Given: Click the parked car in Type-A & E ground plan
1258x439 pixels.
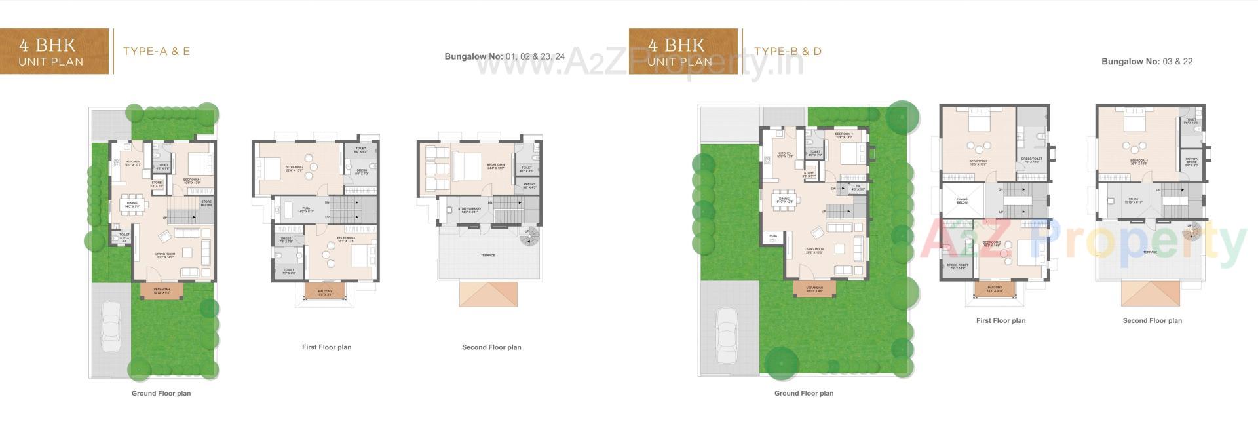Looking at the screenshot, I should pos(111,328).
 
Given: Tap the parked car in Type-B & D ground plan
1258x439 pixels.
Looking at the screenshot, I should pos(727,334).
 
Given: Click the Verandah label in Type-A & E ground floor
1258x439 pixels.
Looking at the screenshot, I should pos(161,290).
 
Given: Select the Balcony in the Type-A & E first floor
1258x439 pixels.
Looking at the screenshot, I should pos(325,293).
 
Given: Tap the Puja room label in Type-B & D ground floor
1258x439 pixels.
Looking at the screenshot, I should pos(773,236).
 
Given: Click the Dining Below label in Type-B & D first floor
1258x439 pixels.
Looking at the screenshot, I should pos(962,201).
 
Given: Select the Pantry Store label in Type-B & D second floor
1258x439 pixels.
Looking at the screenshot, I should pos(1191,161).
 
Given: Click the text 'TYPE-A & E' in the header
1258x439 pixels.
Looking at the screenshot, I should pos(157,51).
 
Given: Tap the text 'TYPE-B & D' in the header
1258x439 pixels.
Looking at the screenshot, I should pos(788,51).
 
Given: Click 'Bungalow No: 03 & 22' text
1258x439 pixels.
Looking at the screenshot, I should pos(1147,62).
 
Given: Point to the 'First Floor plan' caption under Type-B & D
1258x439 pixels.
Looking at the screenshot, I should pos(1001,321).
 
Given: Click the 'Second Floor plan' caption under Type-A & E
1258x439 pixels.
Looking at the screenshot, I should pos(491,347).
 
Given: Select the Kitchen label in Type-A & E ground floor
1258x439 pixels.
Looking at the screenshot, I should pos(133,162).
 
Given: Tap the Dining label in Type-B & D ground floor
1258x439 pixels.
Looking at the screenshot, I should pos(784,200).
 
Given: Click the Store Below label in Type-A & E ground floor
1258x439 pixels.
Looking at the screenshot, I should pos(206,204).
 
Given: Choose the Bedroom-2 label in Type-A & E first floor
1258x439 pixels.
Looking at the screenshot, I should pos(294,168).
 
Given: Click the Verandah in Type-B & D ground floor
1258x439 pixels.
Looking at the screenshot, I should pos(814,289).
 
